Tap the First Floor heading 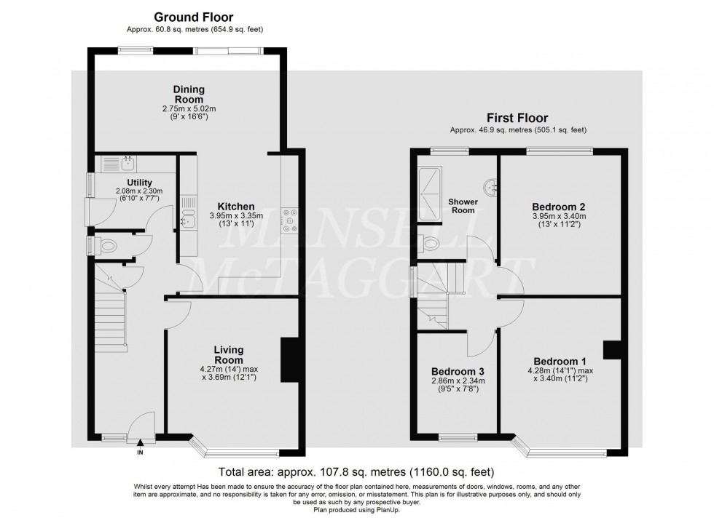517,117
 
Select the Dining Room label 189,95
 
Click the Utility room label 138,183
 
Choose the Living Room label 229,355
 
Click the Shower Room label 462,206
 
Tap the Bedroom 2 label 560,206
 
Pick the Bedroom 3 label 456,370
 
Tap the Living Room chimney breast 291,360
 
